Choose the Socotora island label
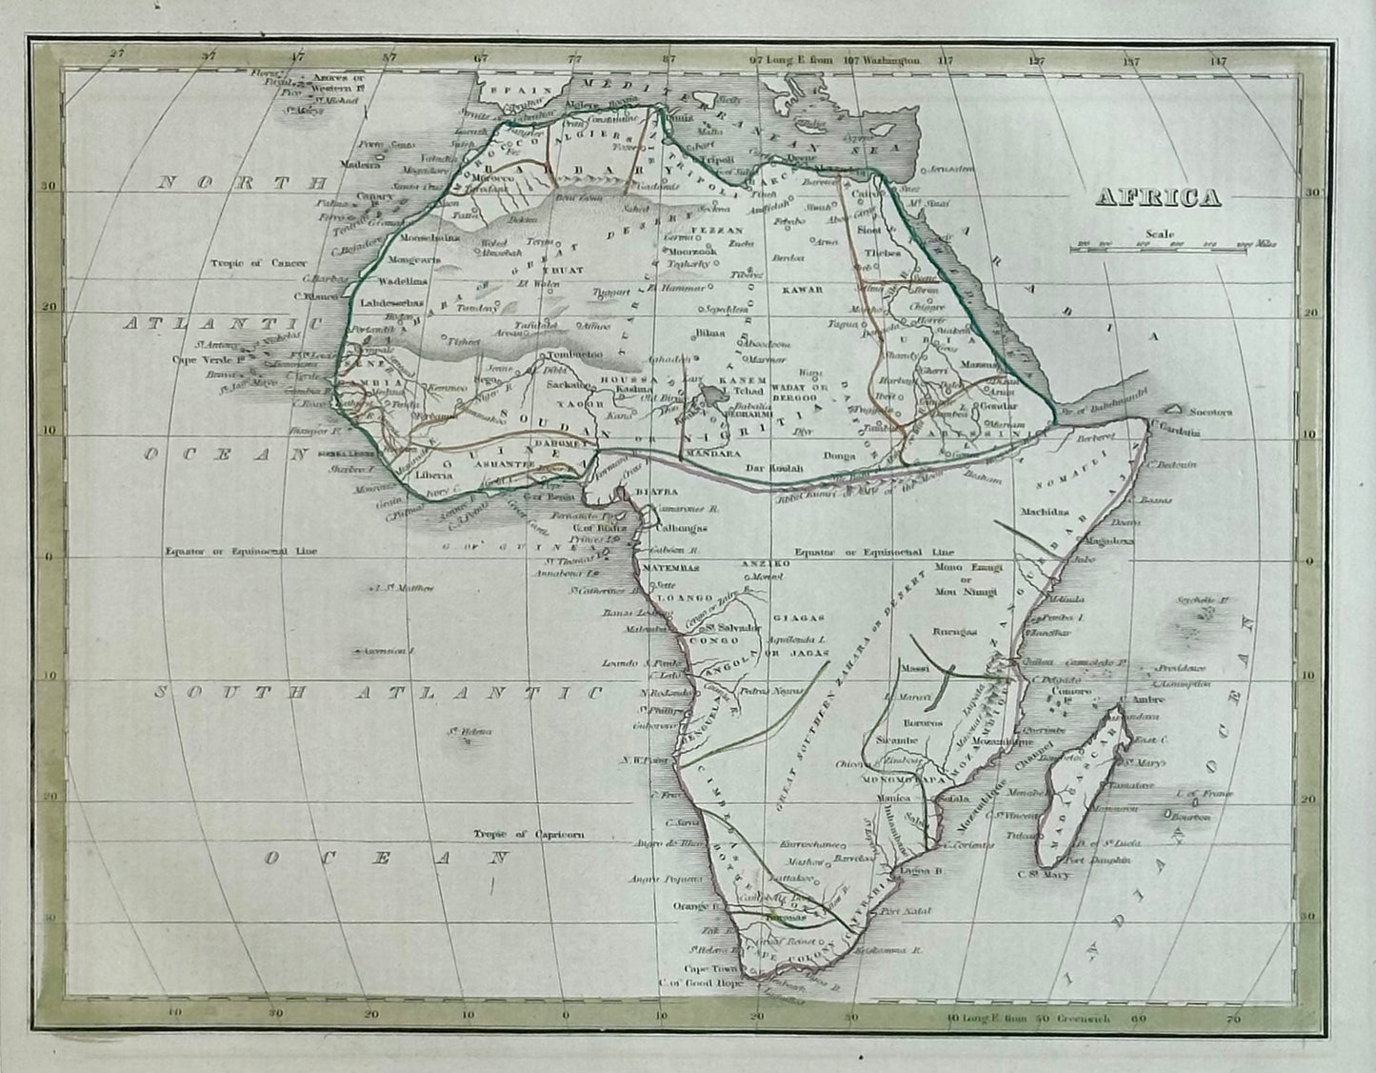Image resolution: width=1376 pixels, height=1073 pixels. (1208, 413)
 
